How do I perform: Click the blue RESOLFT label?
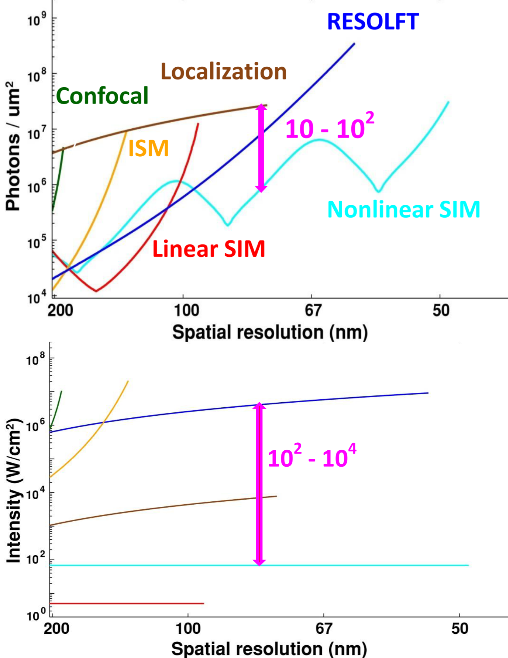click(x=373, y=22)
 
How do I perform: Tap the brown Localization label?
click(x=224, y=71)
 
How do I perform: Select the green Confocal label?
click(x=102, y=96)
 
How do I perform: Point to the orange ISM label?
click(x=149, y=148)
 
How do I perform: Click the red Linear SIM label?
click(x=209, y=249)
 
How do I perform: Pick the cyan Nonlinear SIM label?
click(x=403, y=209)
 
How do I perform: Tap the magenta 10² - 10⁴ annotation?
click(x=312, y=457)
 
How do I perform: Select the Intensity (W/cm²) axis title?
click(x=14, y=491)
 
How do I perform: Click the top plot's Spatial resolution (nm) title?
click(x=270, y=332)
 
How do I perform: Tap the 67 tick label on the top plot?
click(x=313, y=310)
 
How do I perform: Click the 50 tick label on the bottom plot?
click(x=460, y=629)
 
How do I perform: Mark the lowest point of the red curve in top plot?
click(x=96, y=291)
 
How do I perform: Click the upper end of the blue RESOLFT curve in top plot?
click(x=354, y=44)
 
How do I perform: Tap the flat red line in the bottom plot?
click(x=127, y=603)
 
